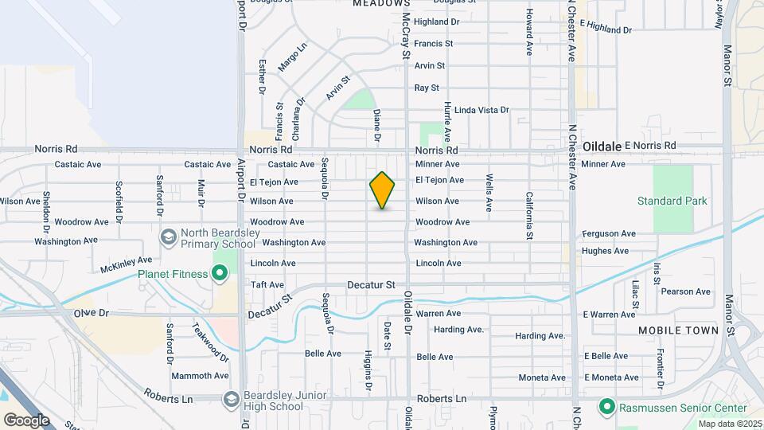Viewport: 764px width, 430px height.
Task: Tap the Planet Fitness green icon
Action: [220, 274]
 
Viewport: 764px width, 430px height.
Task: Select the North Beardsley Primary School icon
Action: [168, 236]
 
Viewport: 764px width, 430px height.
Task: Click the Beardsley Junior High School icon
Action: [232, 398]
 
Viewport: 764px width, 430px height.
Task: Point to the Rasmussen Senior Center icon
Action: [606, 408]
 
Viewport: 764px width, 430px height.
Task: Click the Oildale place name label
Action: [601, 147]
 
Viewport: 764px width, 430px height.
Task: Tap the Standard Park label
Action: [672, 201]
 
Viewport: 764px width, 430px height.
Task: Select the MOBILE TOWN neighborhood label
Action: [678, 330]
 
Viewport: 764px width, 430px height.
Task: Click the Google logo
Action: [26, 420]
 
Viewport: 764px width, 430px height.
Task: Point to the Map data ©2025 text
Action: [728, 424]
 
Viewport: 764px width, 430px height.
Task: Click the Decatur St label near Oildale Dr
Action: [371, 284]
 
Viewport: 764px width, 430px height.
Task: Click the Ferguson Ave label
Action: [609, 233]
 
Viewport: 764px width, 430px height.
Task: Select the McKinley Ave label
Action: [126, 263]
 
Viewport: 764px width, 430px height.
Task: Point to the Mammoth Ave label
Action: [199, 375]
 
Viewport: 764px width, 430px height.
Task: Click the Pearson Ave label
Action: [685, 291]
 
